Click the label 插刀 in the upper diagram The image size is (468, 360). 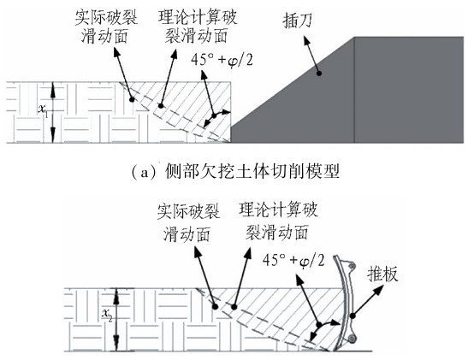[x=298, y=21]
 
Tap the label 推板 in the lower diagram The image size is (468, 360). [x=382, y=274]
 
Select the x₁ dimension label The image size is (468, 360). [x=43, y=109]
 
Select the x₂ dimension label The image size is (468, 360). [x=107, y=315]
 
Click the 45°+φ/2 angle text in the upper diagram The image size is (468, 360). [x=222, y=60]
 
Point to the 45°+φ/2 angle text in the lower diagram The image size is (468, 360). [x=293, y=261]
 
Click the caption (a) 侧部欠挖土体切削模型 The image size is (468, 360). [x=235, y=172]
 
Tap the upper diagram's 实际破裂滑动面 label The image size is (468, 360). [x=105, y=27]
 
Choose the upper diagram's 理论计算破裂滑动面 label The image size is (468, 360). [x=198, y=27]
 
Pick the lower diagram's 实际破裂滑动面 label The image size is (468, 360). [x=188, y=222]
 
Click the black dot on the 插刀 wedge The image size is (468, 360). [x=319, y=73]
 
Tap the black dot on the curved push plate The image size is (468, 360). [x=352, y=316]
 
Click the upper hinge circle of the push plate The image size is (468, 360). [x=352, y=265]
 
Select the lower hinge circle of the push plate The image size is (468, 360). [x=352, y=338]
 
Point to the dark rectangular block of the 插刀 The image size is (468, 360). [x=409, y=90]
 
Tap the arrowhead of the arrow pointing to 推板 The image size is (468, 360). [x=379, y=289]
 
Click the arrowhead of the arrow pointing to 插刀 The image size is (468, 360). [x=306, y=40]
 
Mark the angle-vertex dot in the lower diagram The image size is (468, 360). [x=319, y=324]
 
